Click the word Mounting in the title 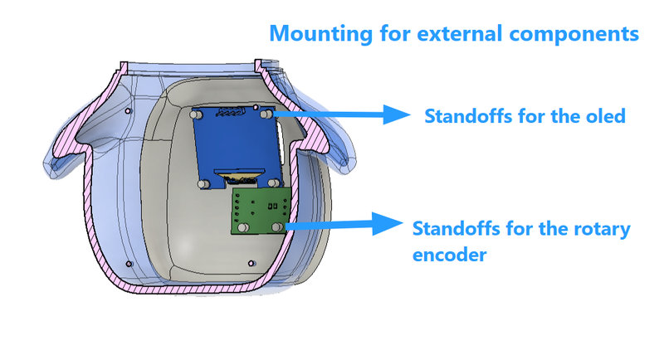tap(321, 34)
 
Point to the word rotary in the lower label tap(602, 229)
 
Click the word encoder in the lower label tap(449, 255)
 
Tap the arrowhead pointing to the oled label tap(397, 114)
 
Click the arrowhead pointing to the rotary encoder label tap(387, 223)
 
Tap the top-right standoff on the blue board tap(266, 114)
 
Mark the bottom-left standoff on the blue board tap(203, 184)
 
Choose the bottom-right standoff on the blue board tap(274, 183)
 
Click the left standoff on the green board tap(243, 227)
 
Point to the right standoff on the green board tap(276, 227)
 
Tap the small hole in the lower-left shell tap(129, 264)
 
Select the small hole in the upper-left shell tap(128, 111)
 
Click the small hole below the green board tap(251, 263)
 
